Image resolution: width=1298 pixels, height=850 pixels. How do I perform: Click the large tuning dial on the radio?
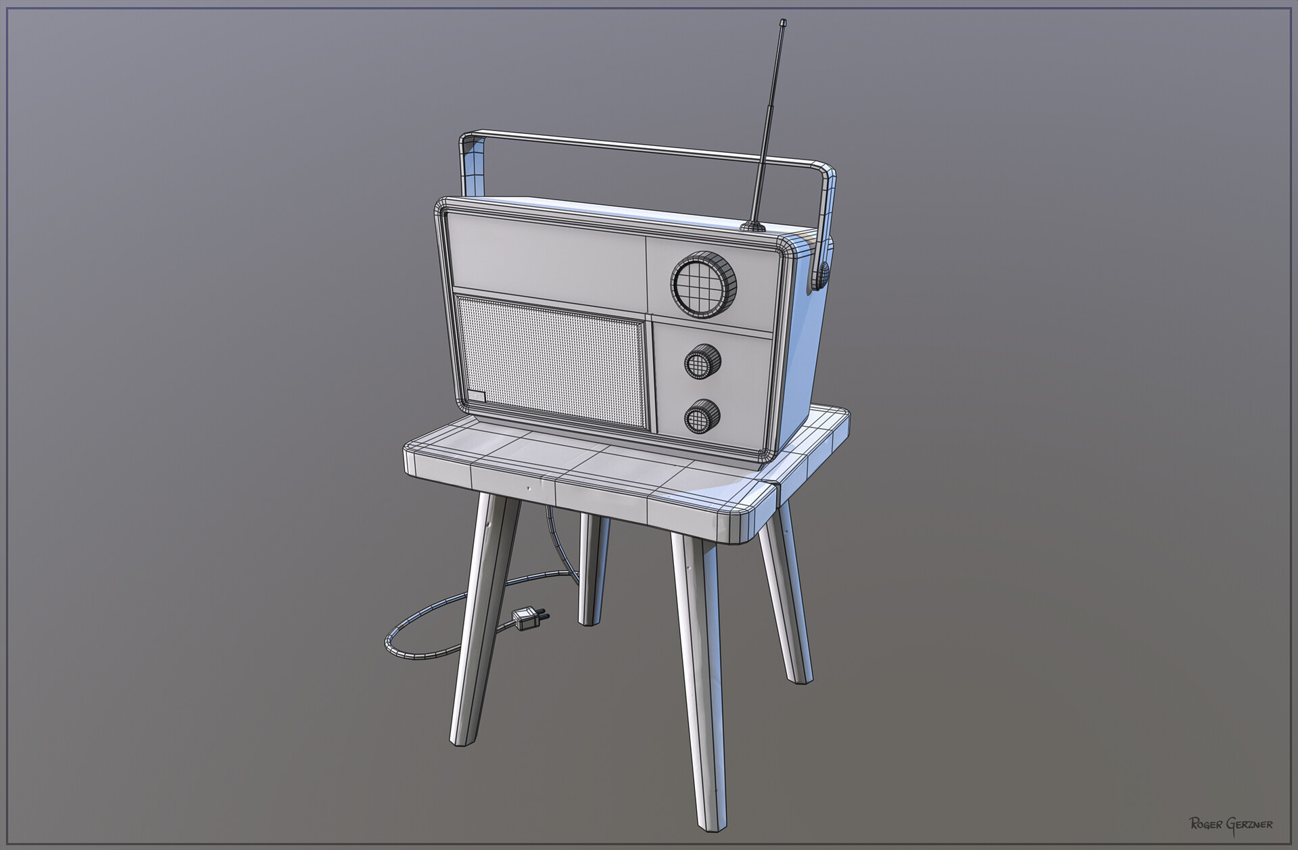(704, 283)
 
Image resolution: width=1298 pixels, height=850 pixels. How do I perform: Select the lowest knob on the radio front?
(701, 417)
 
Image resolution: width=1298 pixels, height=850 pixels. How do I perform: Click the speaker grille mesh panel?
(551, 362)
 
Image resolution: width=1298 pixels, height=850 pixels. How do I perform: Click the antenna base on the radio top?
(751, 226)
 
